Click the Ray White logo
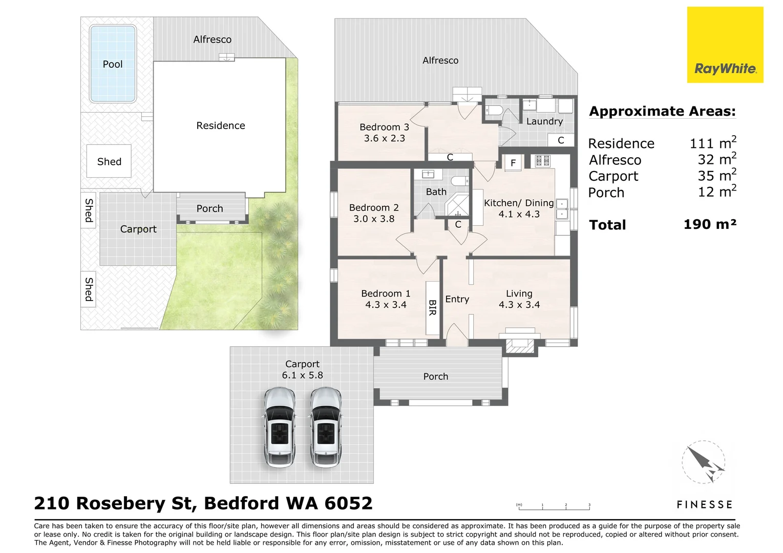pos(725,45)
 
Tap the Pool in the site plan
pos(113,64)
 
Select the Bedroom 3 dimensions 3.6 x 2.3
pos(384,138)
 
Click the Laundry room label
pos(544,121)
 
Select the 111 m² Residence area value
pos(712,143)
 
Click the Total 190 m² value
pos(710,224)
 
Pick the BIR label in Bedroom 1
pos(432,307)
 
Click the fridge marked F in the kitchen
pos(513,163)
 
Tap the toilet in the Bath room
pos(460,181)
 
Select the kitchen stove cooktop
pos(542,161)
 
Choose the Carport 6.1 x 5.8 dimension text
pos(302,375)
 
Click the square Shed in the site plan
pos(109,161)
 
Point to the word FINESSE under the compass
pos(704,505)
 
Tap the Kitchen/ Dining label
pos(518,203)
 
